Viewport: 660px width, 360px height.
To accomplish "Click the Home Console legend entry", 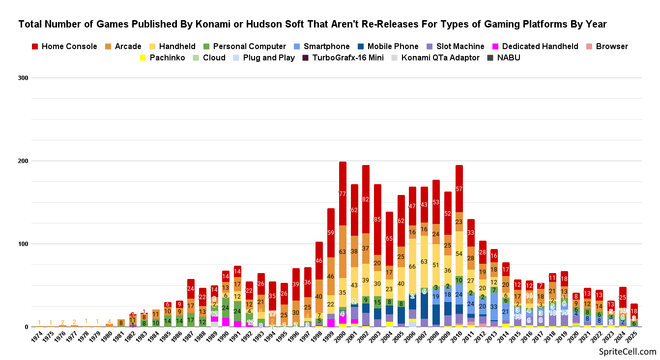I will coord(64,47).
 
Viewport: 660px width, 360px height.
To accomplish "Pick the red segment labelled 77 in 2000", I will coord(343,194).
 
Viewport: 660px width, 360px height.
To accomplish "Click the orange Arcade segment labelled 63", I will coord(343,252).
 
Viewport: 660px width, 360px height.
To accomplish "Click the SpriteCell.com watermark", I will coord(628,352).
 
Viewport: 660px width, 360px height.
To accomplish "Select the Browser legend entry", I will coord(612,47).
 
